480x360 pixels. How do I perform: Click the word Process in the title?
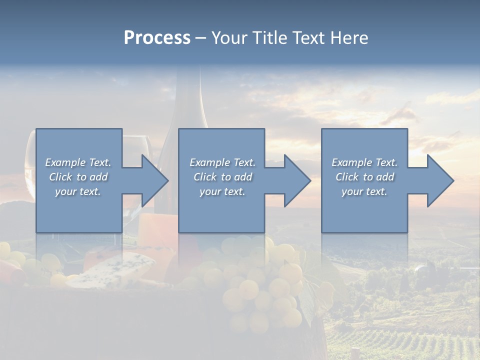[157, 38]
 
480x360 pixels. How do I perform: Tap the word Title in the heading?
[269, 38]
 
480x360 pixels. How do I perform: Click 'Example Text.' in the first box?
[78, 162]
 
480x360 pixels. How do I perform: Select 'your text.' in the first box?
[78, 191]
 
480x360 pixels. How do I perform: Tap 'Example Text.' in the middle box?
[222, 162]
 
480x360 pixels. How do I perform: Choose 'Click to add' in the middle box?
[222, 177]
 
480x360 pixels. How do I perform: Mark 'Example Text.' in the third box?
[364, 162]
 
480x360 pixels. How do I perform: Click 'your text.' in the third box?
[364, 191]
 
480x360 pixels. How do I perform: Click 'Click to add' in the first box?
[78, 177]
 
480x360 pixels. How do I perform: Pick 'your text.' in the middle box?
[222, 191]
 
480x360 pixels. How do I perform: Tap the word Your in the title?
[230, 38]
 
